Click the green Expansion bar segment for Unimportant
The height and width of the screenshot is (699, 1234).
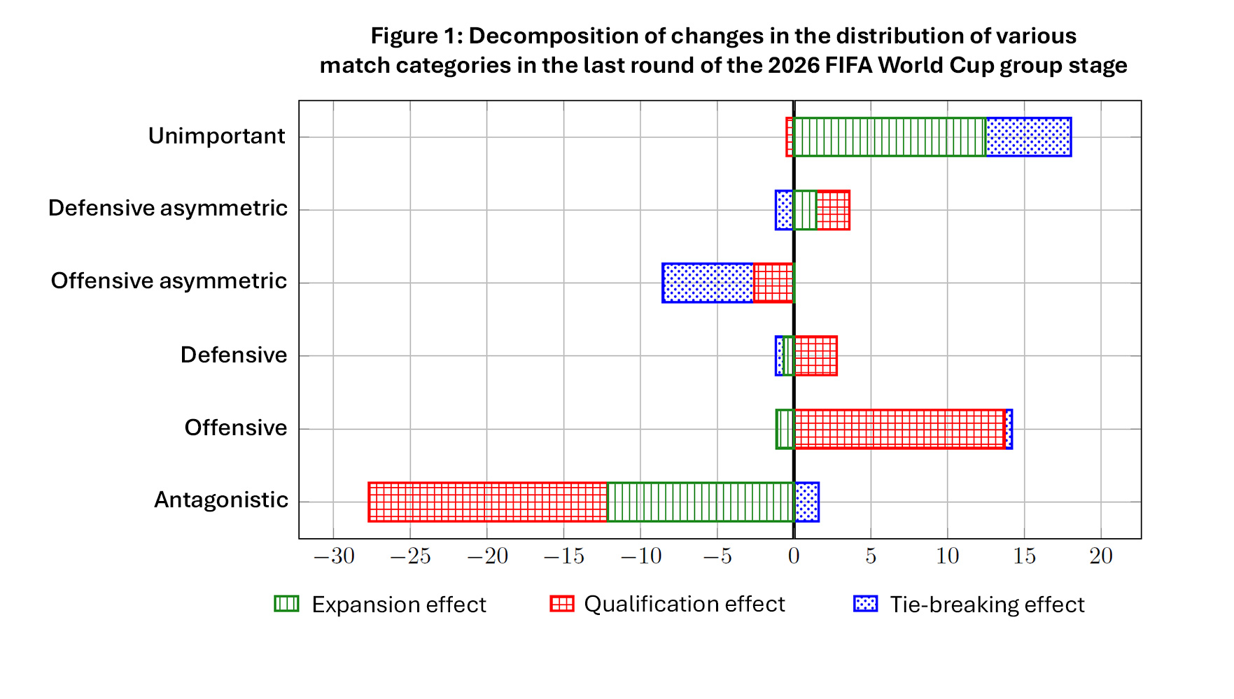click(890, 137)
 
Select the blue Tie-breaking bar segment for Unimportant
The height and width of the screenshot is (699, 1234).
click(1028, 137)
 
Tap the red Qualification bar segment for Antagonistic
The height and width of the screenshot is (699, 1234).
click(488, 502)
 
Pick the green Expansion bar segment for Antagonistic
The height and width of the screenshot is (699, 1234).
click(701, 502)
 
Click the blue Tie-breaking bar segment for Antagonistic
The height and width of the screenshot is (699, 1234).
click(806, 502)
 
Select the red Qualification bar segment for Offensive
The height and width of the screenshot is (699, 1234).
click(899, 429)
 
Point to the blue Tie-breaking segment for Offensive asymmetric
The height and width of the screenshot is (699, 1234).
click(708, 283)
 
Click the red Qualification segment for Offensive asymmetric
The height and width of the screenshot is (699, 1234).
click(773, 283)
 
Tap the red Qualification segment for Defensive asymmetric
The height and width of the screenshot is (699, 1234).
click(833, 210)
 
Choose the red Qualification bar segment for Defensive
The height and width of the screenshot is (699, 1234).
click(815, 355)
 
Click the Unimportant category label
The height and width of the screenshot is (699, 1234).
click(216, 136)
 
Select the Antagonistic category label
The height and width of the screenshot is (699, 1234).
click(221, 500)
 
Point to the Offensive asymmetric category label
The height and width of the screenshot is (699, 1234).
click(169, 281)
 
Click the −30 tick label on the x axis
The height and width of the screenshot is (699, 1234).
click(334, 556)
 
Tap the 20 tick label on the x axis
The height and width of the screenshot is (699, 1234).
click(1101, 556)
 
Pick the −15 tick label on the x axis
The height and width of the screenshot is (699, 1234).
click(564, 556)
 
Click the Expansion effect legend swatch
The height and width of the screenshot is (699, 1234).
click(286, 603)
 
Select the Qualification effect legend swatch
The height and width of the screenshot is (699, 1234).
click(562, 603)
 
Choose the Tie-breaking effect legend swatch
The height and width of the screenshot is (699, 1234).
click(866, 603)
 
